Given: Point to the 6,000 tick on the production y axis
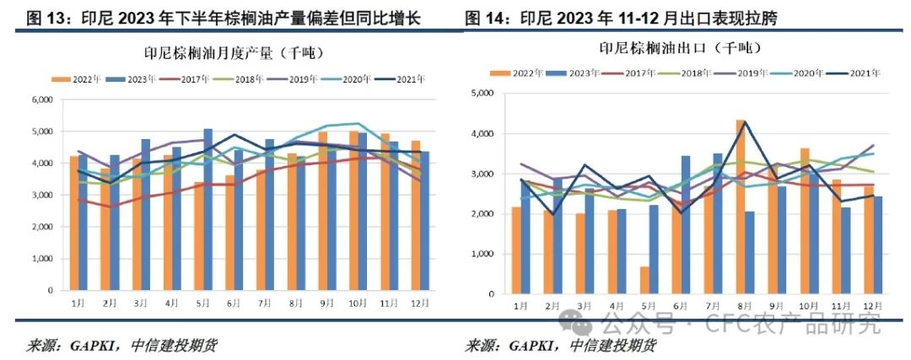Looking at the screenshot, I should coord(40,100).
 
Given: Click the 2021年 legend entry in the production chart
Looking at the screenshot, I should coord(407,79).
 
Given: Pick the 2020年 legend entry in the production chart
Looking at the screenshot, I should coord(354,79).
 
